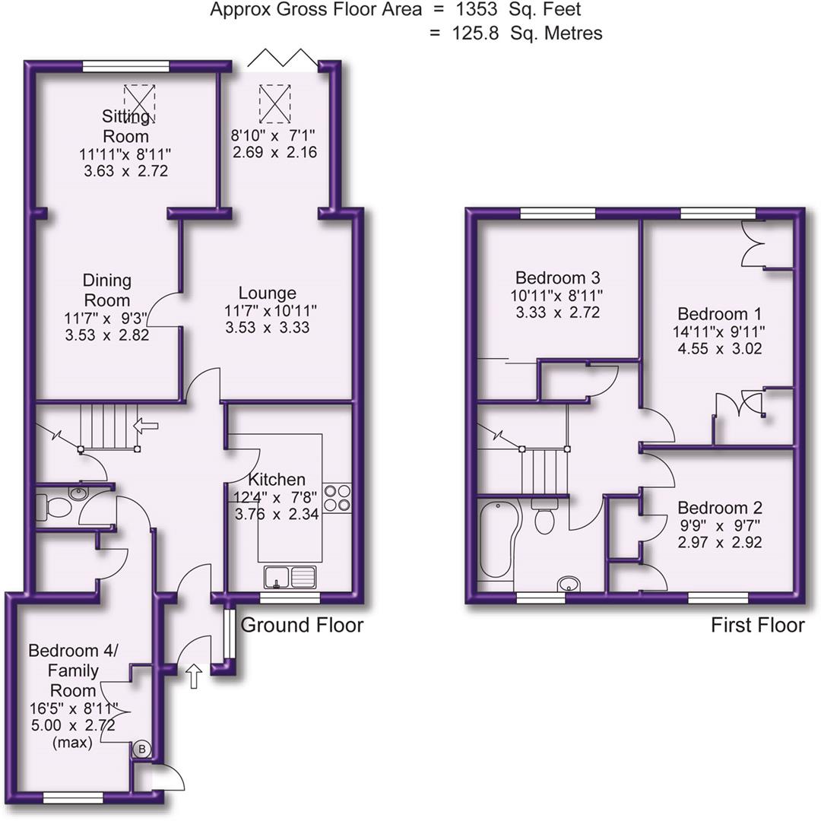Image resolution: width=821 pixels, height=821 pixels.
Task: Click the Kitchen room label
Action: click(277, 480)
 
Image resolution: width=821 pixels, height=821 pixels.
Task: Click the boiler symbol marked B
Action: click(141, 750)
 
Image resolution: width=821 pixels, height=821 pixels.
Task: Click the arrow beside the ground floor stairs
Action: click(145, 426)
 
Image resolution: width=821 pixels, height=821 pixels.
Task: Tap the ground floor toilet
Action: click(52, 506)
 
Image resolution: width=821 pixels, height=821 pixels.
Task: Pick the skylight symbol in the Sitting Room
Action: click(139, 103)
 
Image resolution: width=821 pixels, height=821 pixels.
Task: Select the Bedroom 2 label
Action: click(719, 508)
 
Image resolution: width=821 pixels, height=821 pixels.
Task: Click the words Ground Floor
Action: click(302, 625)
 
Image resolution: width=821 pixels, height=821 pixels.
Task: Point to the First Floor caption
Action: click(757, 625)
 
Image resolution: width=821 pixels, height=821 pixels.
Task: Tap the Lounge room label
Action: click(267, 293)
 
